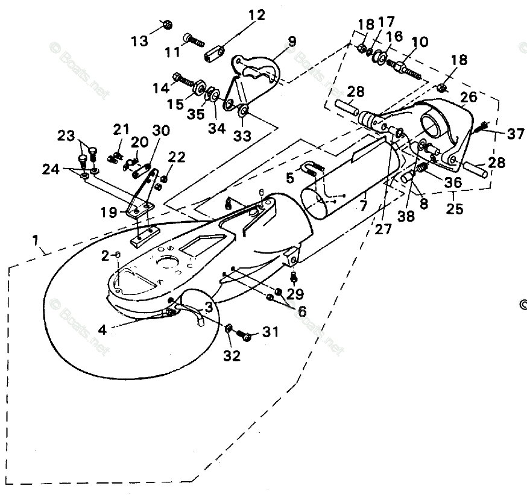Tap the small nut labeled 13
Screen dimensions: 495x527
pos(166,24)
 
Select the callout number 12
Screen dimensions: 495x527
pos(256,15)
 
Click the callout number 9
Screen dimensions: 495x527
pos(292,41)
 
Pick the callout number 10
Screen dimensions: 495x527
pos(420,42)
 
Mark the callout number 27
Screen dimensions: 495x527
pos(382,229)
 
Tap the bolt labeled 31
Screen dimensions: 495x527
pos(245,334)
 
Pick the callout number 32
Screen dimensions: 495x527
pos(232,355)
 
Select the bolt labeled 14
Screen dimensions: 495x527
pos(182,78)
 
